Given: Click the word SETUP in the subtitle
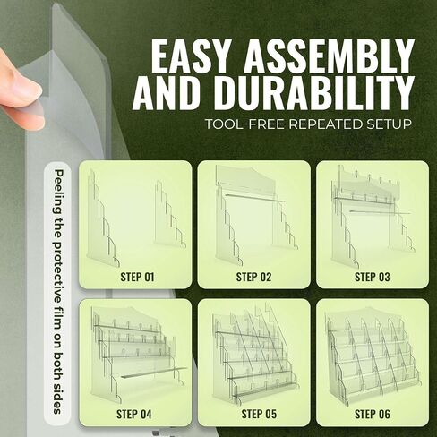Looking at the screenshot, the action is click(388, 124).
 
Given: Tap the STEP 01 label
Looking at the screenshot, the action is click(137, 277).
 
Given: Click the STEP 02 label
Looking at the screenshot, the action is click(253, 277).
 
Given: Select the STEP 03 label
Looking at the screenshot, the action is click(373, 277).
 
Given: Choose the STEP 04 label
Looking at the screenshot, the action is click(134, 414).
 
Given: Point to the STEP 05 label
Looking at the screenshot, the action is click(259, 414).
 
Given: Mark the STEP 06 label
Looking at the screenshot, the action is click(373, 414).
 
